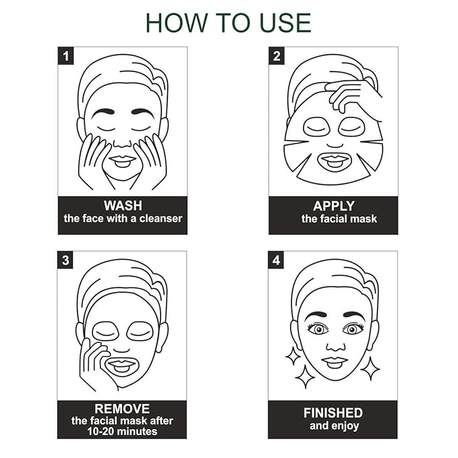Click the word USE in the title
tap(285, 23)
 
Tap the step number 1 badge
tap(65, 55)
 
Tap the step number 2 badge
tap(277, 55)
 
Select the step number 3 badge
tap(65, 260)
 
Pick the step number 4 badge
tap(276, 260)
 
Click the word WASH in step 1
tap(123, 206)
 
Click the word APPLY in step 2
tap(334, 206)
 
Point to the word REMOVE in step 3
tap(122, 409)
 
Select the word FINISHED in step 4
tap(333, 413)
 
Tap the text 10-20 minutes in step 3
tap(122, 431)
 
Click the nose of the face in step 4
tap(336, 346)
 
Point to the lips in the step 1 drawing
tap(122, 161)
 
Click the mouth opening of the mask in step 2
tap(335, 161)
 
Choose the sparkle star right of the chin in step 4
tap(370, 368)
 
